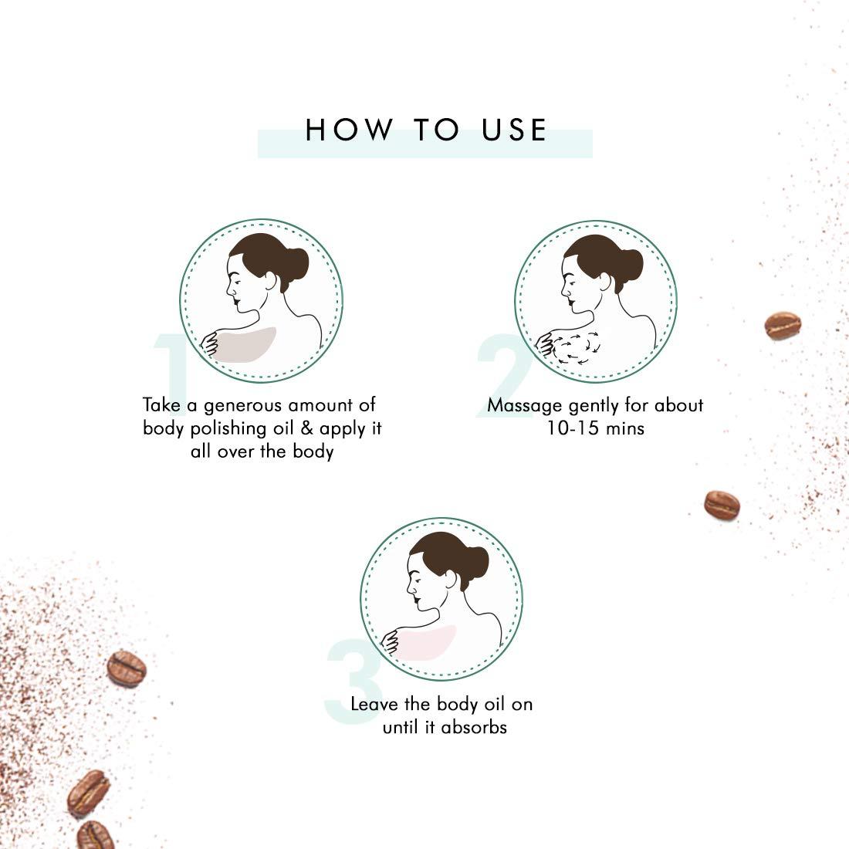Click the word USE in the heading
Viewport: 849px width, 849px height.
(514, 130)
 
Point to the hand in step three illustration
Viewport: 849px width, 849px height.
(391, 641)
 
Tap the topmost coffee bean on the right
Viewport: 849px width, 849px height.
(783, 326)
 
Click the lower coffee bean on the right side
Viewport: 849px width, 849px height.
(722, 506)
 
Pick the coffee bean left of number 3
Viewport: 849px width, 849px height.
(126, 668)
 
